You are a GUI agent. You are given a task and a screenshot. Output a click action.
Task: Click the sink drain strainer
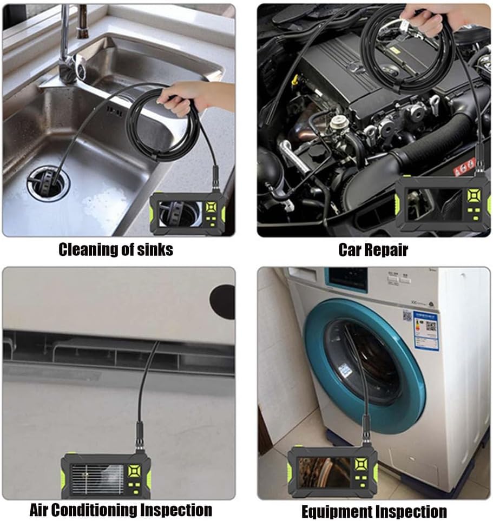tap(48, 183)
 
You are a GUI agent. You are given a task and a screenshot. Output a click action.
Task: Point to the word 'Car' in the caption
tap(350, 249)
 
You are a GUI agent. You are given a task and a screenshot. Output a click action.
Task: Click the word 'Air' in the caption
tap(42, 510)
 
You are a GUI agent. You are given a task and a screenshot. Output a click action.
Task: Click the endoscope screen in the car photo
tap(433, 205)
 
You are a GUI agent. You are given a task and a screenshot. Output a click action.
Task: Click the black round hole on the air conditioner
tap(224, 301)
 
